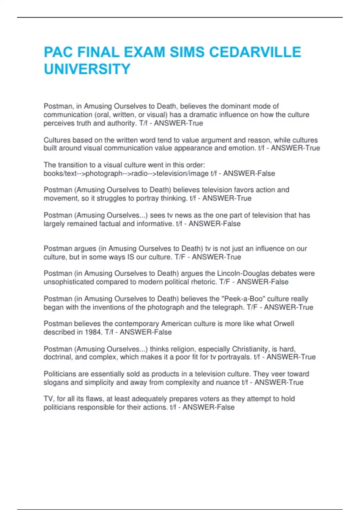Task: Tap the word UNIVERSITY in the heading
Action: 87,69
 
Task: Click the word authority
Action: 120,123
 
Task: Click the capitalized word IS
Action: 131,257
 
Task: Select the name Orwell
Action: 283,324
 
